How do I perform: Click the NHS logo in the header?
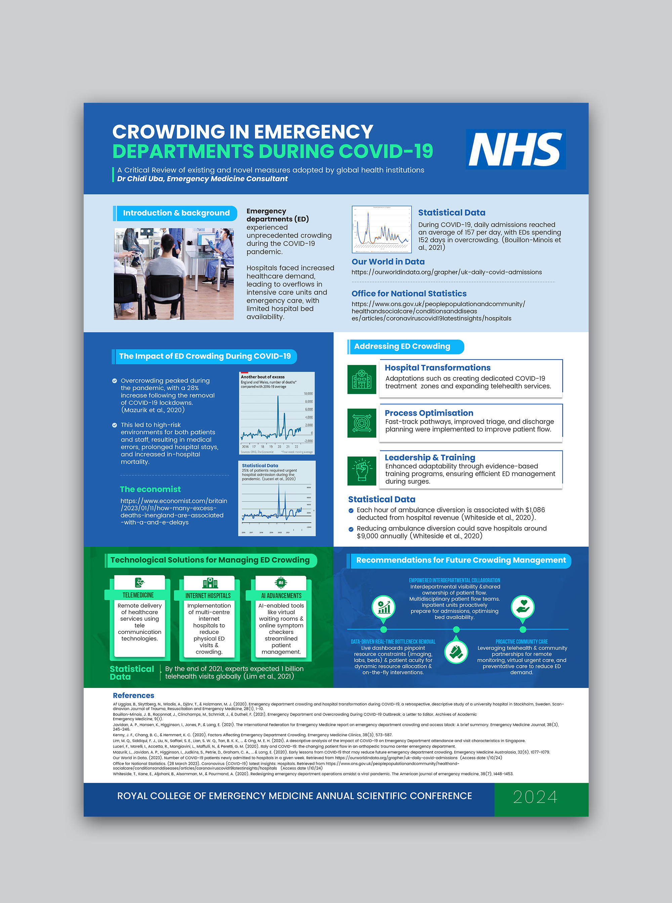tap(515, 149)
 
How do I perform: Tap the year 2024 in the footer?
tap(535, 797)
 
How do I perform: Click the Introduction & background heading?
tap(176, 213)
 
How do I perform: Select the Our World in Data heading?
tap(388, 262)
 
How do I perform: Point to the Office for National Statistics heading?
tap(409, 294)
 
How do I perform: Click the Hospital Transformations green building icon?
tap(362, 380)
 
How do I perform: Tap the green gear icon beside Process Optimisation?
tap(362, 423)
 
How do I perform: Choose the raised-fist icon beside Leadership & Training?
tap(362, 471)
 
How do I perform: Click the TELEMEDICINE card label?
tap(138, 595)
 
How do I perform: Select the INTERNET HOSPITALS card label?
tap(208, 596)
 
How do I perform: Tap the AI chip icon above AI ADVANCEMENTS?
tap(281, 583)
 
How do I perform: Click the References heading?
tap(133, 695)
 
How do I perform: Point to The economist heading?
tap(150, 489)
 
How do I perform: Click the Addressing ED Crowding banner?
tap(402, 347)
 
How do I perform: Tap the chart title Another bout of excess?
tap(263, 377)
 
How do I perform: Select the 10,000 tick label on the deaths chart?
tap(308, 394)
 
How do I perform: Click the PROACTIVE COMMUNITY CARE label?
tap(521, 641)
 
